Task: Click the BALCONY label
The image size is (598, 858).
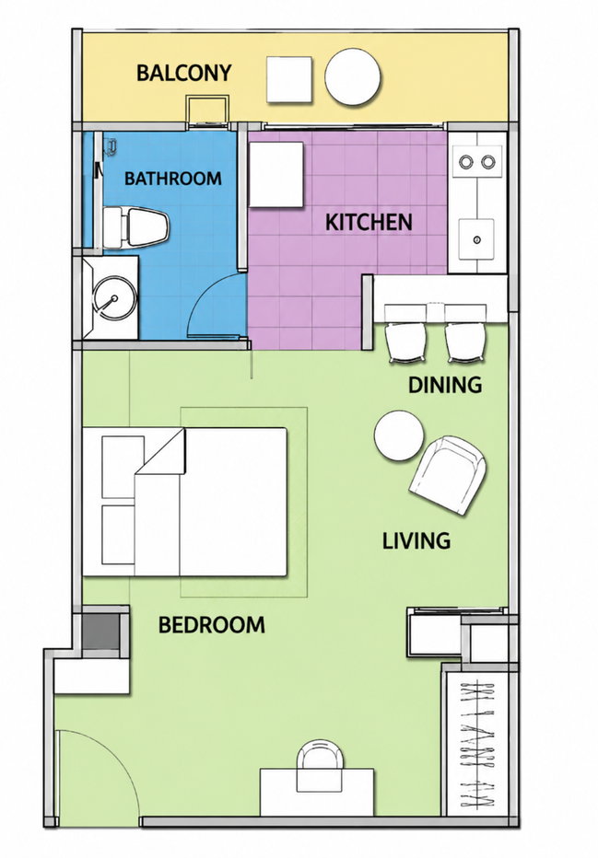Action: (x=183, y=73)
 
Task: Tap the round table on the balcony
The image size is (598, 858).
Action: (x=352, y=77)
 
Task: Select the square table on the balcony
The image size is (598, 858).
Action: (x=289, y=79)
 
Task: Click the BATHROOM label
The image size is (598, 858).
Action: (x=172, y=179)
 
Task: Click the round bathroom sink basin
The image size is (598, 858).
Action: (x=114, y=299)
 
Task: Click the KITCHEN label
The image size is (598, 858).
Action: (x=369, y=222)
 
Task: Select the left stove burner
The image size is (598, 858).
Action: (x=466, y=162)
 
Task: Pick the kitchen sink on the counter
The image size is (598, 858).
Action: (x=476, y=239)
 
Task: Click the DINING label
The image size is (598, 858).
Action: (x=445, y=385)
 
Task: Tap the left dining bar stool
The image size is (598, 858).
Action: (x=406, y=342)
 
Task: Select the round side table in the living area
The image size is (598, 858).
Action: (x=399, y=436)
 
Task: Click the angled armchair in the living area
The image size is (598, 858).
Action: (x=448, y=475)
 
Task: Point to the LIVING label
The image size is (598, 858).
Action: (x=416, y=540)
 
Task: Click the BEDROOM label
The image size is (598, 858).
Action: (x=212, y=625)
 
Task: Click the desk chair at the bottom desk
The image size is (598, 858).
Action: (x=320, y=765)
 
